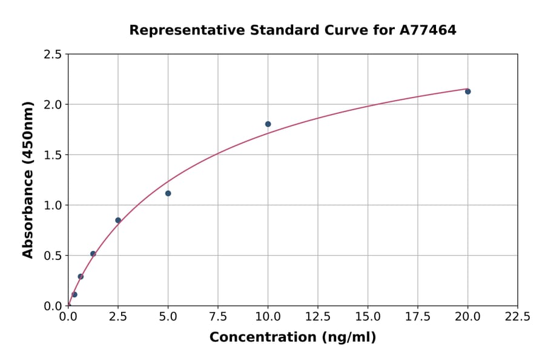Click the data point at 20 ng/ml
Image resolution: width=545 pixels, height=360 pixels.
(x=467, y=92)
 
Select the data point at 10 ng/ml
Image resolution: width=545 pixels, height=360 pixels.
(x=268, y=124)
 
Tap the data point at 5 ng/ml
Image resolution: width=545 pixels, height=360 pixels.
(x=168, y=193)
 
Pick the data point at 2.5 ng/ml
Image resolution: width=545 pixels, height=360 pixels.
(x=118, y=220)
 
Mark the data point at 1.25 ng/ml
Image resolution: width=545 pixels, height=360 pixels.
(x=93, y=254)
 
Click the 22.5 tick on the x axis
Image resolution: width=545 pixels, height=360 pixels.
(x=517, y=316)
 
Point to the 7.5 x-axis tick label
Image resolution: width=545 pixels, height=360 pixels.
(x=218, y=316)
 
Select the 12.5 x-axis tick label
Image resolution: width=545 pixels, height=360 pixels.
(x=318, y=316)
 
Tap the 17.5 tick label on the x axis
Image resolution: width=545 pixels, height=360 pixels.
(x=418, y=316)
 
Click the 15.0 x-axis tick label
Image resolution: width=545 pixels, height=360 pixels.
(x=368, y=316)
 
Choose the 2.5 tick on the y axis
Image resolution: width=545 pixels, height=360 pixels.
(x=53, y=55)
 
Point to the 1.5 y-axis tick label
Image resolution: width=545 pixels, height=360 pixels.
(x=53, y=155)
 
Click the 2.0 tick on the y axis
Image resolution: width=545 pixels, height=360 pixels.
(x=53, y=105)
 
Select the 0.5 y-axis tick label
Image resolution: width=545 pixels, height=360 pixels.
(x=53, y=256)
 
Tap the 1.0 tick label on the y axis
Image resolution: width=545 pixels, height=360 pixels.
(x=53, y=205)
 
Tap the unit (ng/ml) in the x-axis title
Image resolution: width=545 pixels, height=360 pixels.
(x=348, y=338)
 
